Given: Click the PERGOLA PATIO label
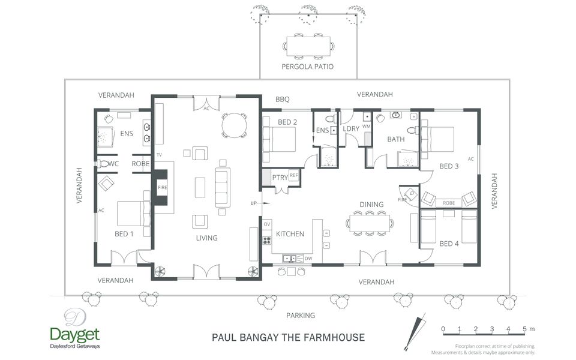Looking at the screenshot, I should click(x=307, y=67).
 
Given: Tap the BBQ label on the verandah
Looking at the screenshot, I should click(x=283, y=100).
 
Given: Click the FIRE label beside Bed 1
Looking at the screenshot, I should click(x=162, y=188).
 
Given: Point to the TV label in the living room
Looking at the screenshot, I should click(x=160, y=155).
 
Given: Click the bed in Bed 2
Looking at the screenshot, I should click(x=279, y=141).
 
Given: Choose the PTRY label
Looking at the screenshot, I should click(x=280, y=178).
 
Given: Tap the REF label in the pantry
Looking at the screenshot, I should click(x=293, y=175).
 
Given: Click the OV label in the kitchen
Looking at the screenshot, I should click(x=267, y=224).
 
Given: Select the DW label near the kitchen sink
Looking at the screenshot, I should click(x=308, y=259).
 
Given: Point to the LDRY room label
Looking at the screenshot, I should click(x=350, y=129).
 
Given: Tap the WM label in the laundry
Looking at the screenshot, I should click(x=366, y=126).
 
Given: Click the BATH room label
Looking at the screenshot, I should click(x=396, y=139).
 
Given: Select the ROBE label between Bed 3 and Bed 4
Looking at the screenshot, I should click(x=448, y=203).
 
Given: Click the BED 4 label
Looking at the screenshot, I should click(x=449, y=244).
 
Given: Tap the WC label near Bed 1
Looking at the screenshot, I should click(x=114, y=163).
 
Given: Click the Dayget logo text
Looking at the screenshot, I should click(x=75, y=334).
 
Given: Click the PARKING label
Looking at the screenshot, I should click(x=300, y=315).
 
